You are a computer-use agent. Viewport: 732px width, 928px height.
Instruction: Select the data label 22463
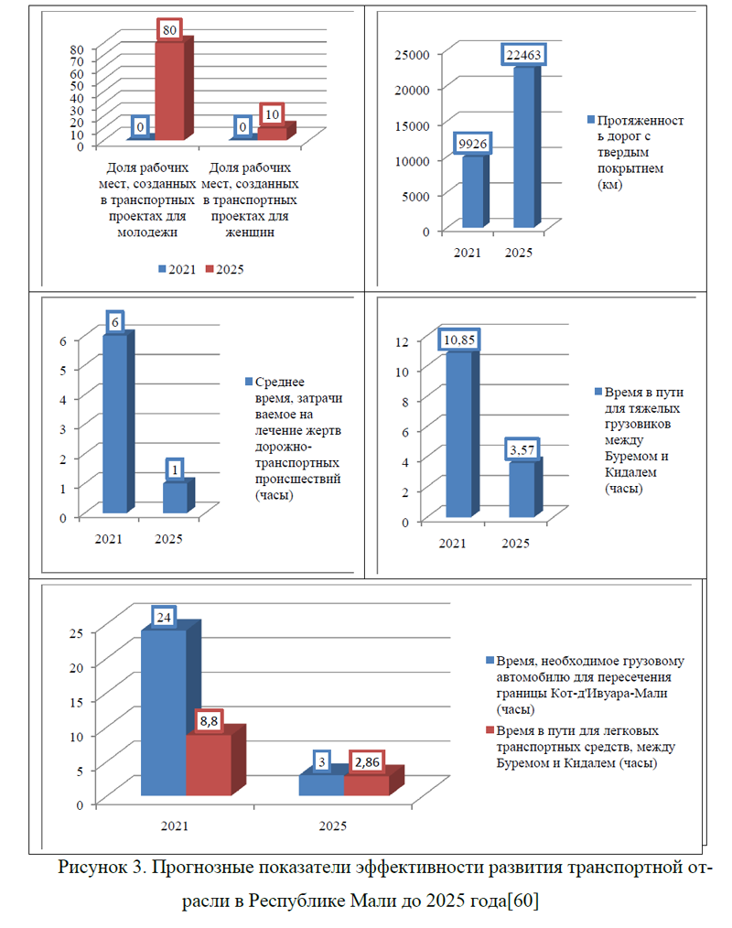(x=523, y=55)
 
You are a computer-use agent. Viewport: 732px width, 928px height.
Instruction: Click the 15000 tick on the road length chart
(x=412, y=125)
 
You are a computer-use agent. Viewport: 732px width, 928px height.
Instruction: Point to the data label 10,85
(x=459, y=340)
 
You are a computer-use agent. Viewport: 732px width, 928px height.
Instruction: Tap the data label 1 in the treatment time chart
(x=175, y=469)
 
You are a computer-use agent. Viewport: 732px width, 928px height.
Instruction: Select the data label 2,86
(x=367, y=761)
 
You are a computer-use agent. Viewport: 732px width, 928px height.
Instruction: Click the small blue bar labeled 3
(x=322, y=782)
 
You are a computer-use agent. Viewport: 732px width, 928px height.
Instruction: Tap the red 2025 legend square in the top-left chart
(x=209, y=269)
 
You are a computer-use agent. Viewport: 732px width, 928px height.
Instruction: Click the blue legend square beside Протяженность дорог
(x=590, y=120)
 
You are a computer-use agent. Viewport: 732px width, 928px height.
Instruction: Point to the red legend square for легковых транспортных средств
(x=490, y=729)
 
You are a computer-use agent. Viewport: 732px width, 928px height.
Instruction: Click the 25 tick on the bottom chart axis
(x=76, y=632)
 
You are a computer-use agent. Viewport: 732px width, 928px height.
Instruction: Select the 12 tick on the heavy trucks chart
(x=402, y=341)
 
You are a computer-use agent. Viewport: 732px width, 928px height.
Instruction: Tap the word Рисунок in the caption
(x=92, y=868)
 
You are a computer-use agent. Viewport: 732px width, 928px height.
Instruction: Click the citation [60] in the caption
(x=523, y=901)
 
